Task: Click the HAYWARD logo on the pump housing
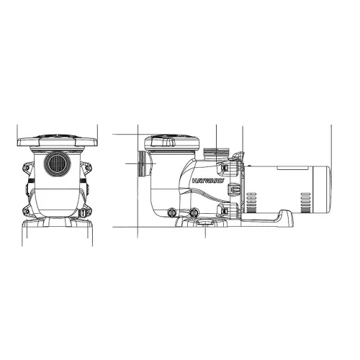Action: [208, 181]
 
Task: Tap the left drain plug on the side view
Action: [171, 212]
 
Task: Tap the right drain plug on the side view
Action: [194, 212]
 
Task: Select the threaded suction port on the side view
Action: [142, 164]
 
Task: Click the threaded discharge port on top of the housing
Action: [216, 153]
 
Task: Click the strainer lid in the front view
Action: [58, 141]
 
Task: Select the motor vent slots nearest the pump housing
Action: [251, 202]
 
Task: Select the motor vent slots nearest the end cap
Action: [305, 202]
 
